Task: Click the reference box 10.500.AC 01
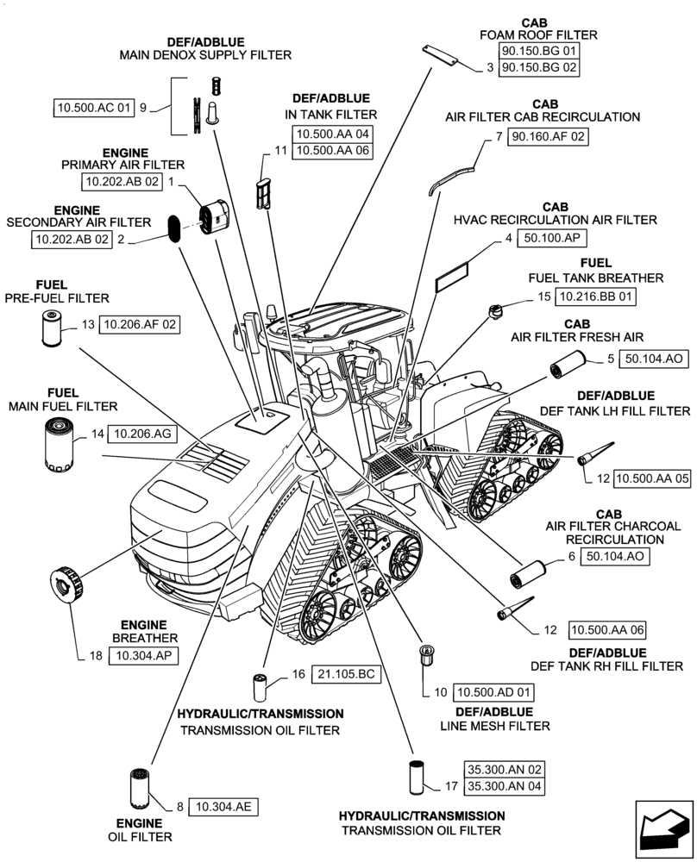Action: click(x=94, y=108)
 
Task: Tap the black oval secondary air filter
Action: click(x=175, y=229)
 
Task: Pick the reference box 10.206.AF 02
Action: click(x=140, y=325)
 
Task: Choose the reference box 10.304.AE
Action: click(x=223, y=807)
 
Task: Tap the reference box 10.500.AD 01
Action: click(x=495, y=691)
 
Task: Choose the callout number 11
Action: click(x=279, y=150)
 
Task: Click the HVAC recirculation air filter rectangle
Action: click(x=452, y=276)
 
